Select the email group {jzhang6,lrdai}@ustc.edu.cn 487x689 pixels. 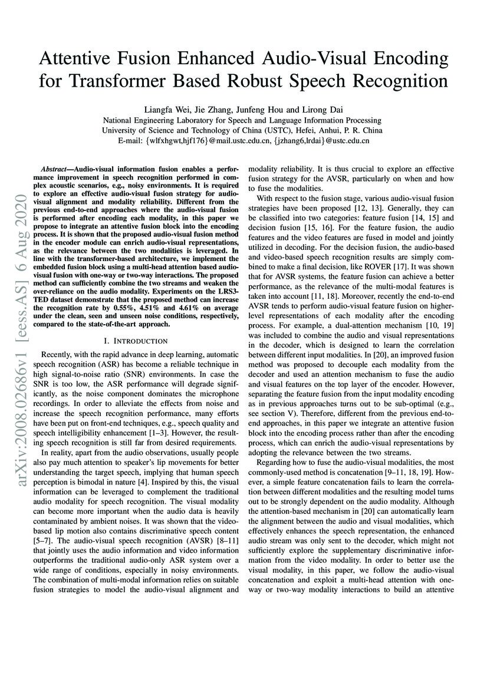tap(317, 141)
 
